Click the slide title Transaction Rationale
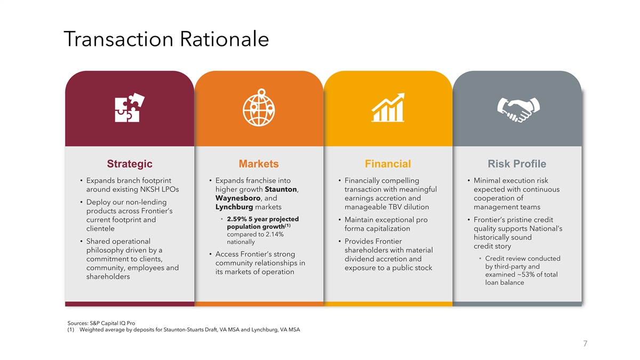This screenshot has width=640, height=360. [166, 39]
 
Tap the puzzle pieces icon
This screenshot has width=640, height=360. [130, 107]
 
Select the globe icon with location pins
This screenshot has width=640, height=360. [259, 107]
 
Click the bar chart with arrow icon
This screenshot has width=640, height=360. [388, 107]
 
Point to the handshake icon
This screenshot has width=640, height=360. [518, 109]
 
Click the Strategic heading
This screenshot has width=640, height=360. [130, 164]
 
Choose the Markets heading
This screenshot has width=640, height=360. [259, 164]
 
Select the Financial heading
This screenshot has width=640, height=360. [388, 164]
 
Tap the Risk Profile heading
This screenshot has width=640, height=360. [517, 164]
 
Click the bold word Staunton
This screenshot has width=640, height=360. [281, 189]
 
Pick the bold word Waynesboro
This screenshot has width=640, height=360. [238, 198]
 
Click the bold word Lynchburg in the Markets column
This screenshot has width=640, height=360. [234, 207]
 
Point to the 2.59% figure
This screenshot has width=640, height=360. [237, 219]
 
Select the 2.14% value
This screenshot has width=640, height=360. [275, 235]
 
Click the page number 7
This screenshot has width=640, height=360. [585, 343]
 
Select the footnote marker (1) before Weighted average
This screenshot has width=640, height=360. [70, 330]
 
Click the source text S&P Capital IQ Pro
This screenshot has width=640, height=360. [113, 323]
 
